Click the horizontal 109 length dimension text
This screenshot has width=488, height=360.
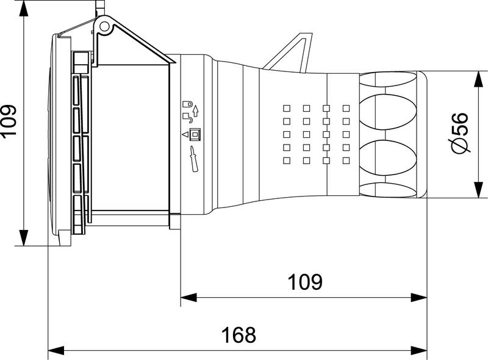pyautogui.click(x=304, y=282)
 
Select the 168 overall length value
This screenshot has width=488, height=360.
pyautogui.click(x=238, y=334)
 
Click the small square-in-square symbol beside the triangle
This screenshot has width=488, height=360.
pyautogui.click(x=195, y=134)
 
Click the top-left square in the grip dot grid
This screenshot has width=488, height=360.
pyautogui.click(x=285, y=108)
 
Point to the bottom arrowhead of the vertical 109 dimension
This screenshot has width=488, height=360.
pyautogui.click(x=23, y=239)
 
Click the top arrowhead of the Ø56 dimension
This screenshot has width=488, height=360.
pyautogui.click(x=477, y=76)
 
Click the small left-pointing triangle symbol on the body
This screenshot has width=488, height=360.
pyautogui.click(x=184, y=134)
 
